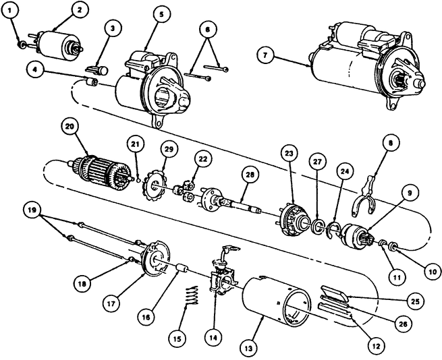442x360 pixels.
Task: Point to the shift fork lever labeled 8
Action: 364,196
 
